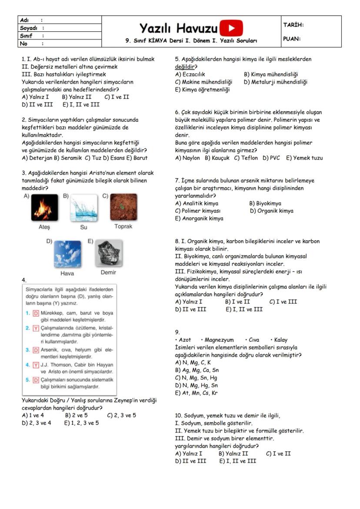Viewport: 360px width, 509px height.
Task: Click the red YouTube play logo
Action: [231, 28]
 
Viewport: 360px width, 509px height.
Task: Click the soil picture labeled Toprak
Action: [123, 207]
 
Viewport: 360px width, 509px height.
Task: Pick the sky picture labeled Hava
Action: [67, 254]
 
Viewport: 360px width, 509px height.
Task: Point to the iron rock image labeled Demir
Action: [108, 254]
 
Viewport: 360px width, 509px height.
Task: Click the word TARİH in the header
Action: [293, 25]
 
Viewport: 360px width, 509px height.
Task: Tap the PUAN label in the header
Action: [292, 39]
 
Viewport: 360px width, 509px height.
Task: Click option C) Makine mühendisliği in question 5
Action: [203, 82]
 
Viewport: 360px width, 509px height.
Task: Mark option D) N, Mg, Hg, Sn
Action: [197, 386]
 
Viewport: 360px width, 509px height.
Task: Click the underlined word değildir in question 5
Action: [184, 67]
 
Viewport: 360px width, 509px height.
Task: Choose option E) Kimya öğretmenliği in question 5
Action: [202, 90]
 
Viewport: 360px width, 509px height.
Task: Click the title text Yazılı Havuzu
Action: [178, 29]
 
